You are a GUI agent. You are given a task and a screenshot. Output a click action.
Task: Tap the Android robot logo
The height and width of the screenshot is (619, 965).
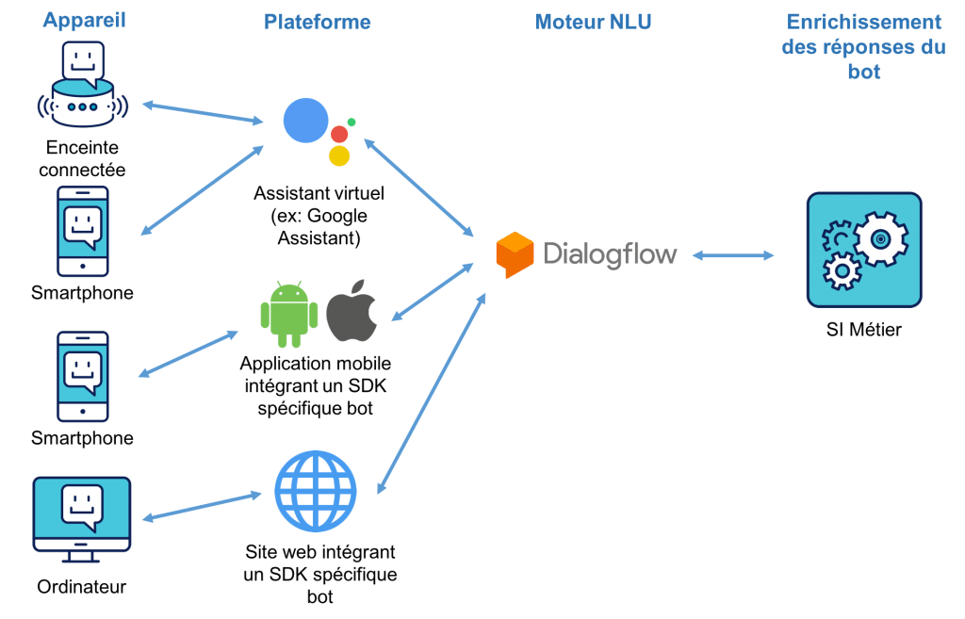[x=288, y=309]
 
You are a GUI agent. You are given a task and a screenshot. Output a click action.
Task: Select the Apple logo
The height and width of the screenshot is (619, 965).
[x=352, y=310]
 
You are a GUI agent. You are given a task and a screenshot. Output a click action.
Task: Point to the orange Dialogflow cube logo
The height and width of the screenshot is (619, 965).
[x=515, y=253]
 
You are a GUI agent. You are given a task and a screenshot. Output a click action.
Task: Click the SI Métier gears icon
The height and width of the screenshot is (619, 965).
[x=863, y=249]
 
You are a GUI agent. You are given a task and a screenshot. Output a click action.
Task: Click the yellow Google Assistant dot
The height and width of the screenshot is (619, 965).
[x=340, y=155]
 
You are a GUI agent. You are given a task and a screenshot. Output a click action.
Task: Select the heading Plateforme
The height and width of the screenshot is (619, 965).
[x=317, y=22]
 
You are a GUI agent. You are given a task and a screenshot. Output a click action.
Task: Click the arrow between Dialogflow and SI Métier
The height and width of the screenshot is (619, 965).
[x=733, y=255]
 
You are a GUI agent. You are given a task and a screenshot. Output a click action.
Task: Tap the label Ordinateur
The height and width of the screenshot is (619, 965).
[x=82, y=587]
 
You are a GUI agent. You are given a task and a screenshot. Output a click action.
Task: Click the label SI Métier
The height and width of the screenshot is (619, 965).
[x=862, y=329]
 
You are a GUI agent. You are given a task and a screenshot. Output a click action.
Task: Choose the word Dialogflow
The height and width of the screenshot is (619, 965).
[x=609, y=253]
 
